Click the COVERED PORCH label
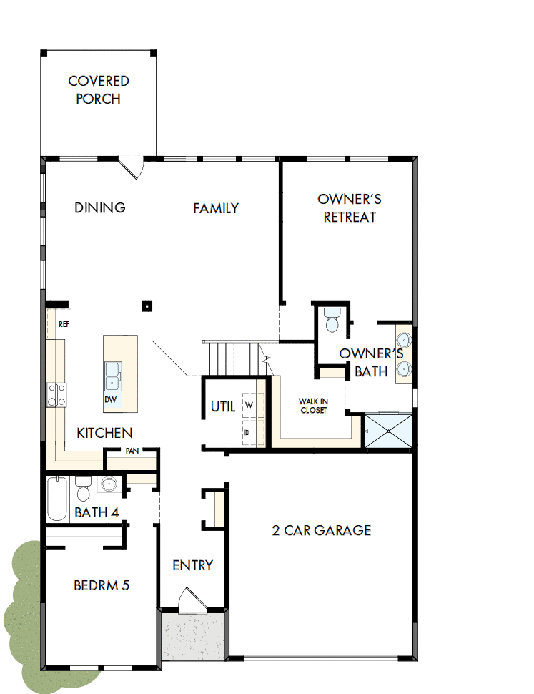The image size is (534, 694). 99,90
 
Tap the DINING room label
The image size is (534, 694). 100,207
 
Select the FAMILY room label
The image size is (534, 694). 216,208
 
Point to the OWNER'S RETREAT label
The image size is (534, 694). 350,207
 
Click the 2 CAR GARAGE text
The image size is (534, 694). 322,530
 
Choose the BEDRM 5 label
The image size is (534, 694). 102,585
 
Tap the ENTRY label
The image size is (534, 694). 192,565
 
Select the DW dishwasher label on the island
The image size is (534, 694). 111,399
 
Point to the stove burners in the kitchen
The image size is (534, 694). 56,395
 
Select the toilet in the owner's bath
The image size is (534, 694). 332,319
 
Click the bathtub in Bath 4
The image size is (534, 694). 57,499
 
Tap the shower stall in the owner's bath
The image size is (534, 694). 389,431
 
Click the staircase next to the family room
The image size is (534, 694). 232,358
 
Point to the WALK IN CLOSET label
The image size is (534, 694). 312,406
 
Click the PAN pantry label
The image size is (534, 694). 132,451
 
